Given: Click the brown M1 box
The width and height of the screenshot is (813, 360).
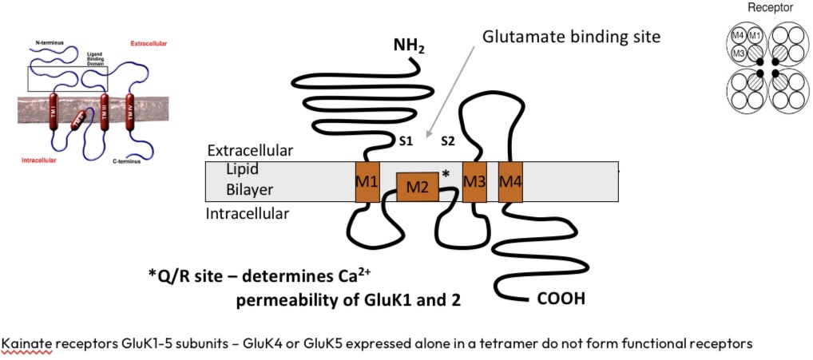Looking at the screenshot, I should [367, 182].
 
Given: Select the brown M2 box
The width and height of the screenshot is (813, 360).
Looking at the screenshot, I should [418, 187].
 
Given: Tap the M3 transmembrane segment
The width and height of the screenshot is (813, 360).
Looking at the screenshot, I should [474, 182].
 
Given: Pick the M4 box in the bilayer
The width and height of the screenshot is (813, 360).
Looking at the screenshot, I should [510, 182].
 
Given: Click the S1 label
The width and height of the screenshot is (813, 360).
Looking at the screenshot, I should [406, 141].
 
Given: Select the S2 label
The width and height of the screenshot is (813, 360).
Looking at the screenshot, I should [449, 141].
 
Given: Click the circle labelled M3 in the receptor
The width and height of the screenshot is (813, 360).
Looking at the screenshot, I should [740, 53].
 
